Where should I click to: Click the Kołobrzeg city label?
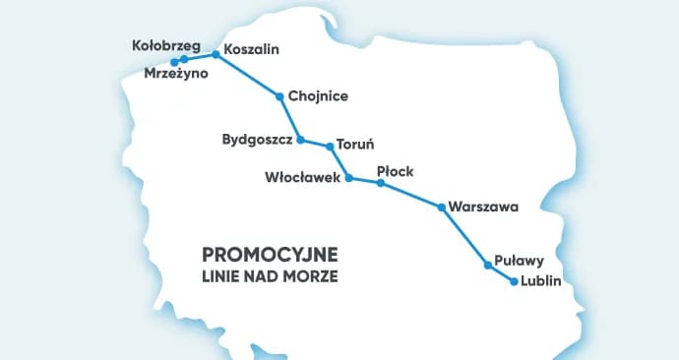pyautogui.click(x=166, y=45)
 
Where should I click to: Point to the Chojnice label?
pyautogui.click(x=319, y=96)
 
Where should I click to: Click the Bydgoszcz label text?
pyautogui.click(x=258, y=141)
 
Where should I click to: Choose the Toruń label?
pyautogui.click(x=355, y=143)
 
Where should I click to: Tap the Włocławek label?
pyautogui.click(x=302, y=178)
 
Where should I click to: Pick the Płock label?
pyautogui.click(x=395, y=171)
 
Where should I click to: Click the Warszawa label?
pyautogui.click(x=482, y=208)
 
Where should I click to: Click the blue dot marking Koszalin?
pyautogui.click(x=216, y=55)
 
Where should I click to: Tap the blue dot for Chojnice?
pyautogui.click(x=280, y=96)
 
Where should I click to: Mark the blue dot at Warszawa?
pyautogui.click(x=441, y=208)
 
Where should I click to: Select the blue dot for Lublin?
pyautogui.click(x=514, y=282)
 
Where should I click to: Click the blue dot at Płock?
pyautogui.click(x=380, y=183)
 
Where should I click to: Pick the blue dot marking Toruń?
pyautogui.click(x=331, y=147)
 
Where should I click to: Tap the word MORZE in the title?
pyautogui.click(x=314, y=276)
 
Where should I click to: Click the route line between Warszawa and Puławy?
pyautogui.click(x=464, y=237)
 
